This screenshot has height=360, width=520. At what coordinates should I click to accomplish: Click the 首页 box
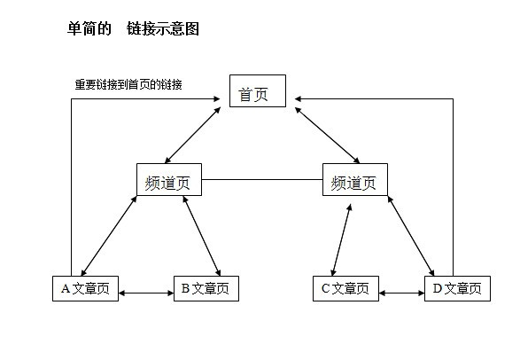point(258,91)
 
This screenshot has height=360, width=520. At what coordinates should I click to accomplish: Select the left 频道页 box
point(169,179)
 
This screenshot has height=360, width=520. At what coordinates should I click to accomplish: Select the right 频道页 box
point(355,179)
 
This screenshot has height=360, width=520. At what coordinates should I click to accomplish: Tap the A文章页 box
point(85,289)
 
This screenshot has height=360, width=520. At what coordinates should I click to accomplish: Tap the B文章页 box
point(206,289)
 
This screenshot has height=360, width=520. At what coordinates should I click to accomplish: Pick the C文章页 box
point(345,289)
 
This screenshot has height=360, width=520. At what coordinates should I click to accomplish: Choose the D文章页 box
point(457,289)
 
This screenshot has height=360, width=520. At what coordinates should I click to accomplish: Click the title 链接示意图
point(163,29)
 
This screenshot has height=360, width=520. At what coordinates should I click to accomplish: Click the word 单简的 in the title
point(89,29)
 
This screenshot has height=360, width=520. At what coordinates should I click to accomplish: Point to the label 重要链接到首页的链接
point(128,84)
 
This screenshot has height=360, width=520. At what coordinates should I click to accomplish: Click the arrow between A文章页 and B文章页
point(146,293)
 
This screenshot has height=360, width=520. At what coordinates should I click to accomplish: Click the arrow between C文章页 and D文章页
point(401,293)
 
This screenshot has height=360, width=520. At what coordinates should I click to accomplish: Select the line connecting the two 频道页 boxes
point(262,179)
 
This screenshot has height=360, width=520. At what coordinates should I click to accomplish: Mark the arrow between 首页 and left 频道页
point(193,135)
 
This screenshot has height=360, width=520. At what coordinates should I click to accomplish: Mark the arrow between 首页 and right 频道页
point(327,135)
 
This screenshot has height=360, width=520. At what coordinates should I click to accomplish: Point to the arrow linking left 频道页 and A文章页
point(109,236)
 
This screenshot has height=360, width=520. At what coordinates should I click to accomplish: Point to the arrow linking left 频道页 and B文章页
point(202,236)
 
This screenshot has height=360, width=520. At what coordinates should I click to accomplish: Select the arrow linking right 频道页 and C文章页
point(341,240)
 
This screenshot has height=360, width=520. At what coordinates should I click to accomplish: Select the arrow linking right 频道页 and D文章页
point(411,236)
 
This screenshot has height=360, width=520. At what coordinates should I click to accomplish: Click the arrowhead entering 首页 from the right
point(298,99)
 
